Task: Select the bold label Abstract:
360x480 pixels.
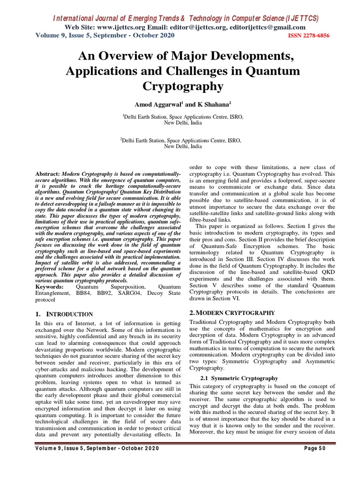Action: click(48, 174)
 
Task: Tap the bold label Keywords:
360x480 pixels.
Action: click(51, 286)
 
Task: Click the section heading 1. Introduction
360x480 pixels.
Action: click(64, 314)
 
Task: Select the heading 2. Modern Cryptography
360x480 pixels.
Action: click(231, 312)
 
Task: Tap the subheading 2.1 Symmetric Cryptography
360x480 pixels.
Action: click(239, 378)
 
